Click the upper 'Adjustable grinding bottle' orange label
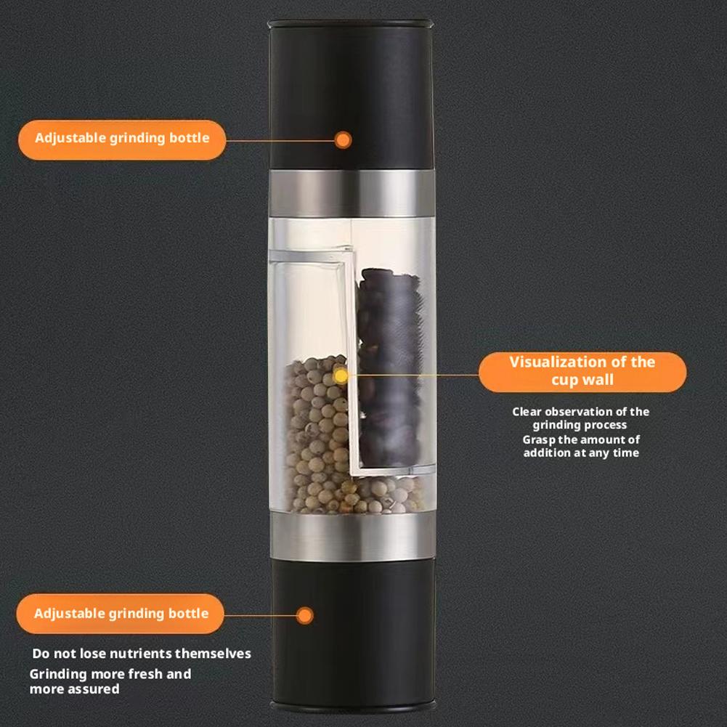pos(121,139)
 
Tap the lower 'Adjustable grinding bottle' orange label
pos(121,614)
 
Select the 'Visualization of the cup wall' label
pos(582,371)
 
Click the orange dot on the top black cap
pos(344,139)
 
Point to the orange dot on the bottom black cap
pos(306,615)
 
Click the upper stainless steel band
pos(352,193)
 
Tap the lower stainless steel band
pos(352,538)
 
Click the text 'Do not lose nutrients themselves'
pos(142,654)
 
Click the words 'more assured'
pos(74,689)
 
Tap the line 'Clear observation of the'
pos(581,412)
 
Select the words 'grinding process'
pos(580,426)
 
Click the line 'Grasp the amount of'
pos(581,439)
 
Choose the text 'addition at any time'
pos(581,453)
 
